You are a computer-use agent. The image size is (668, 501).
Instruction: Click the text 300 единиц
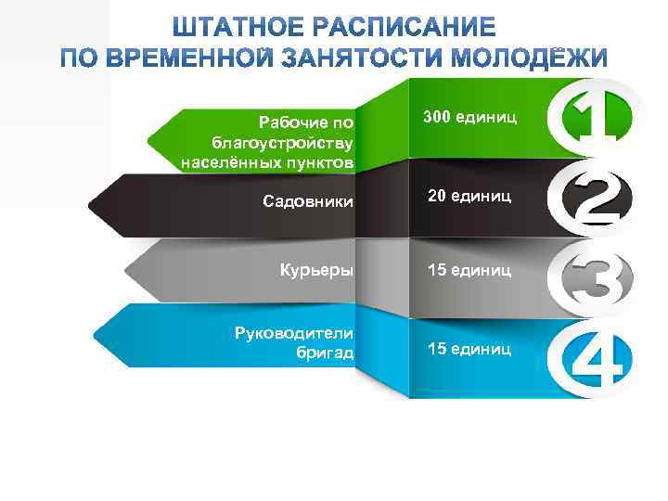point(464,118)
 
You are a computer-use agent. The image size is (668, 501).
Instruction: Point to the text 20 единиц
point(468,197)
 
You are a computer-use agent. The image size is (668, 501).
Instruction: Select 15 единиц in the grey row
point(468,270)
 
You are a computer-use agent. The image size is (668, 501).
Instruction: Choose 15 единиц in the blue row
point(468,349)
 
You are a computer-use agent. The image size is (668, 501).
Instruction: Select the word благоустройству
point(283,143)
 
